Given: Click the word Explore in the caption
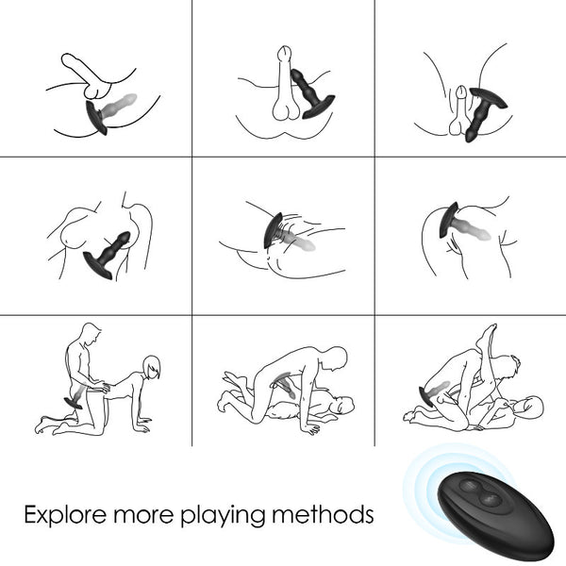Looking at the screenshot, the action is tap(65, 515).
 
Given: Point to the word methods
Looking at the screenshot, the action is tap(323, 514).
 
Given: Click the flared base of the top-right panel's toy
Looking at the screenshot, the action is tap(488, 98).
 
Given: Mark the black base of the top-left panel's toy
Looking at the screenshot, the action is tap(96, 118).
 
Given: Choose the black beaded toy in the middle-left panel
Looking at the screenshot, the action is tap(108, 255).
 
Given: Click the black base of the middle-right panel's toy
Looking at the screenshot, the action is tap(449, 220).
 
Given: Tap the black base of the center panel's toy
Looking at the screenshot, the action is tap(273, 230).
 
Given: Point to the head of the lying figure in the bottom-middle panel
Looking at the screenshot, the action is tap(344, 405).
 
